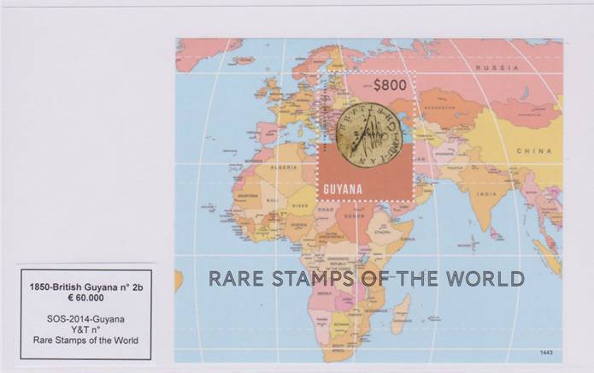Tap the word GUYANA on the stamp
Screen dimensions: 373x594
tap(343, 188)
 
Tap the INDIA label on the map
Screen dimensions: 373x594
tap(486, 193)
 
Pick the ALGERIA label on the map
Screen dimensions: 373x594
tap(284, 168)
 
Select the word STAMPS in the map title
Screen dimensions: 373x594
tap(311, 278)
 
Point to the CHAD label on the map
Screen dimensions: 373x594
tap(324, 210)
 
